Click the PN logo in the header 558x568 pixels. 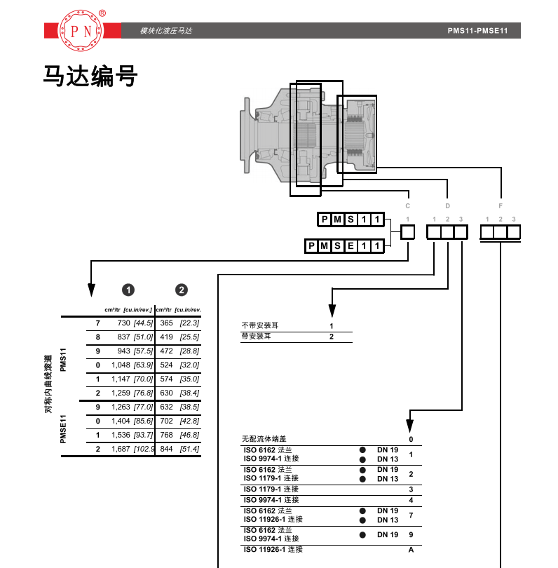(x=81, y=30)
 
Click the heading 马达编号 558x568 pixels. (x=90, y=76)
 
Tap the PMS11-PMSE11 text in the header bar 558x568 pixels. (x=477, y=31)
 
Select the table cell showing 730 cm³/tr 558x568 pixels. (x=123, y=323)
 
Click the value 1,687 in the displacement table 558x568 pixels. (x=121, y=449)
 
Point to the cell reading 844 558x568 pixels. (x=166, y=449)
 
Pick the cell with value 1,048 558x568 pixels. (x=121, y=365)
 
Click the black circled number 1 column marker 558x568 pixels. (x=128, y=290)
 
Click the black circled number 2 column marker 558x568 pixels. (x=182, y=290)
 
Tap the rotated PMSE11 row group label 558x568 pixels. (x=63, y=429)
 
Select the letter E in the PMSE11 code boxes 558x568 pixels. (x=351, y=246)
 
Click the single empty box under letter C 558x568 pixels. (x=408, y=232)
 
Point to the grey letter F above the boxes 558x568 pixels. (x=501, y=205)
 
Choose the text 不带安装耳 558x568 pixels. (x=260, y=325)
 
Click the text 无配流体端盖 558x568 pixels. (x=264, y=439)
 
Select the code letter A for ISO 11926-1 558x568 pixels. (x=411, y=550)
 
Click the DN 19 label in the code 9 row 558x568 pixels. (x=388, y=534)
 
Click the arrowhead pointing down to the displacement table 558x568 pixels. (x=91, y=290)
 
